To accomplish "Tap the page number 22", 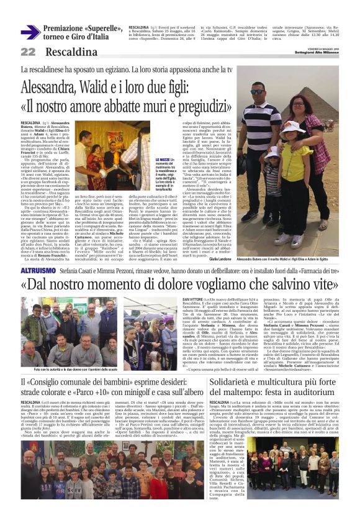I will click(x=28, y=52).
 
